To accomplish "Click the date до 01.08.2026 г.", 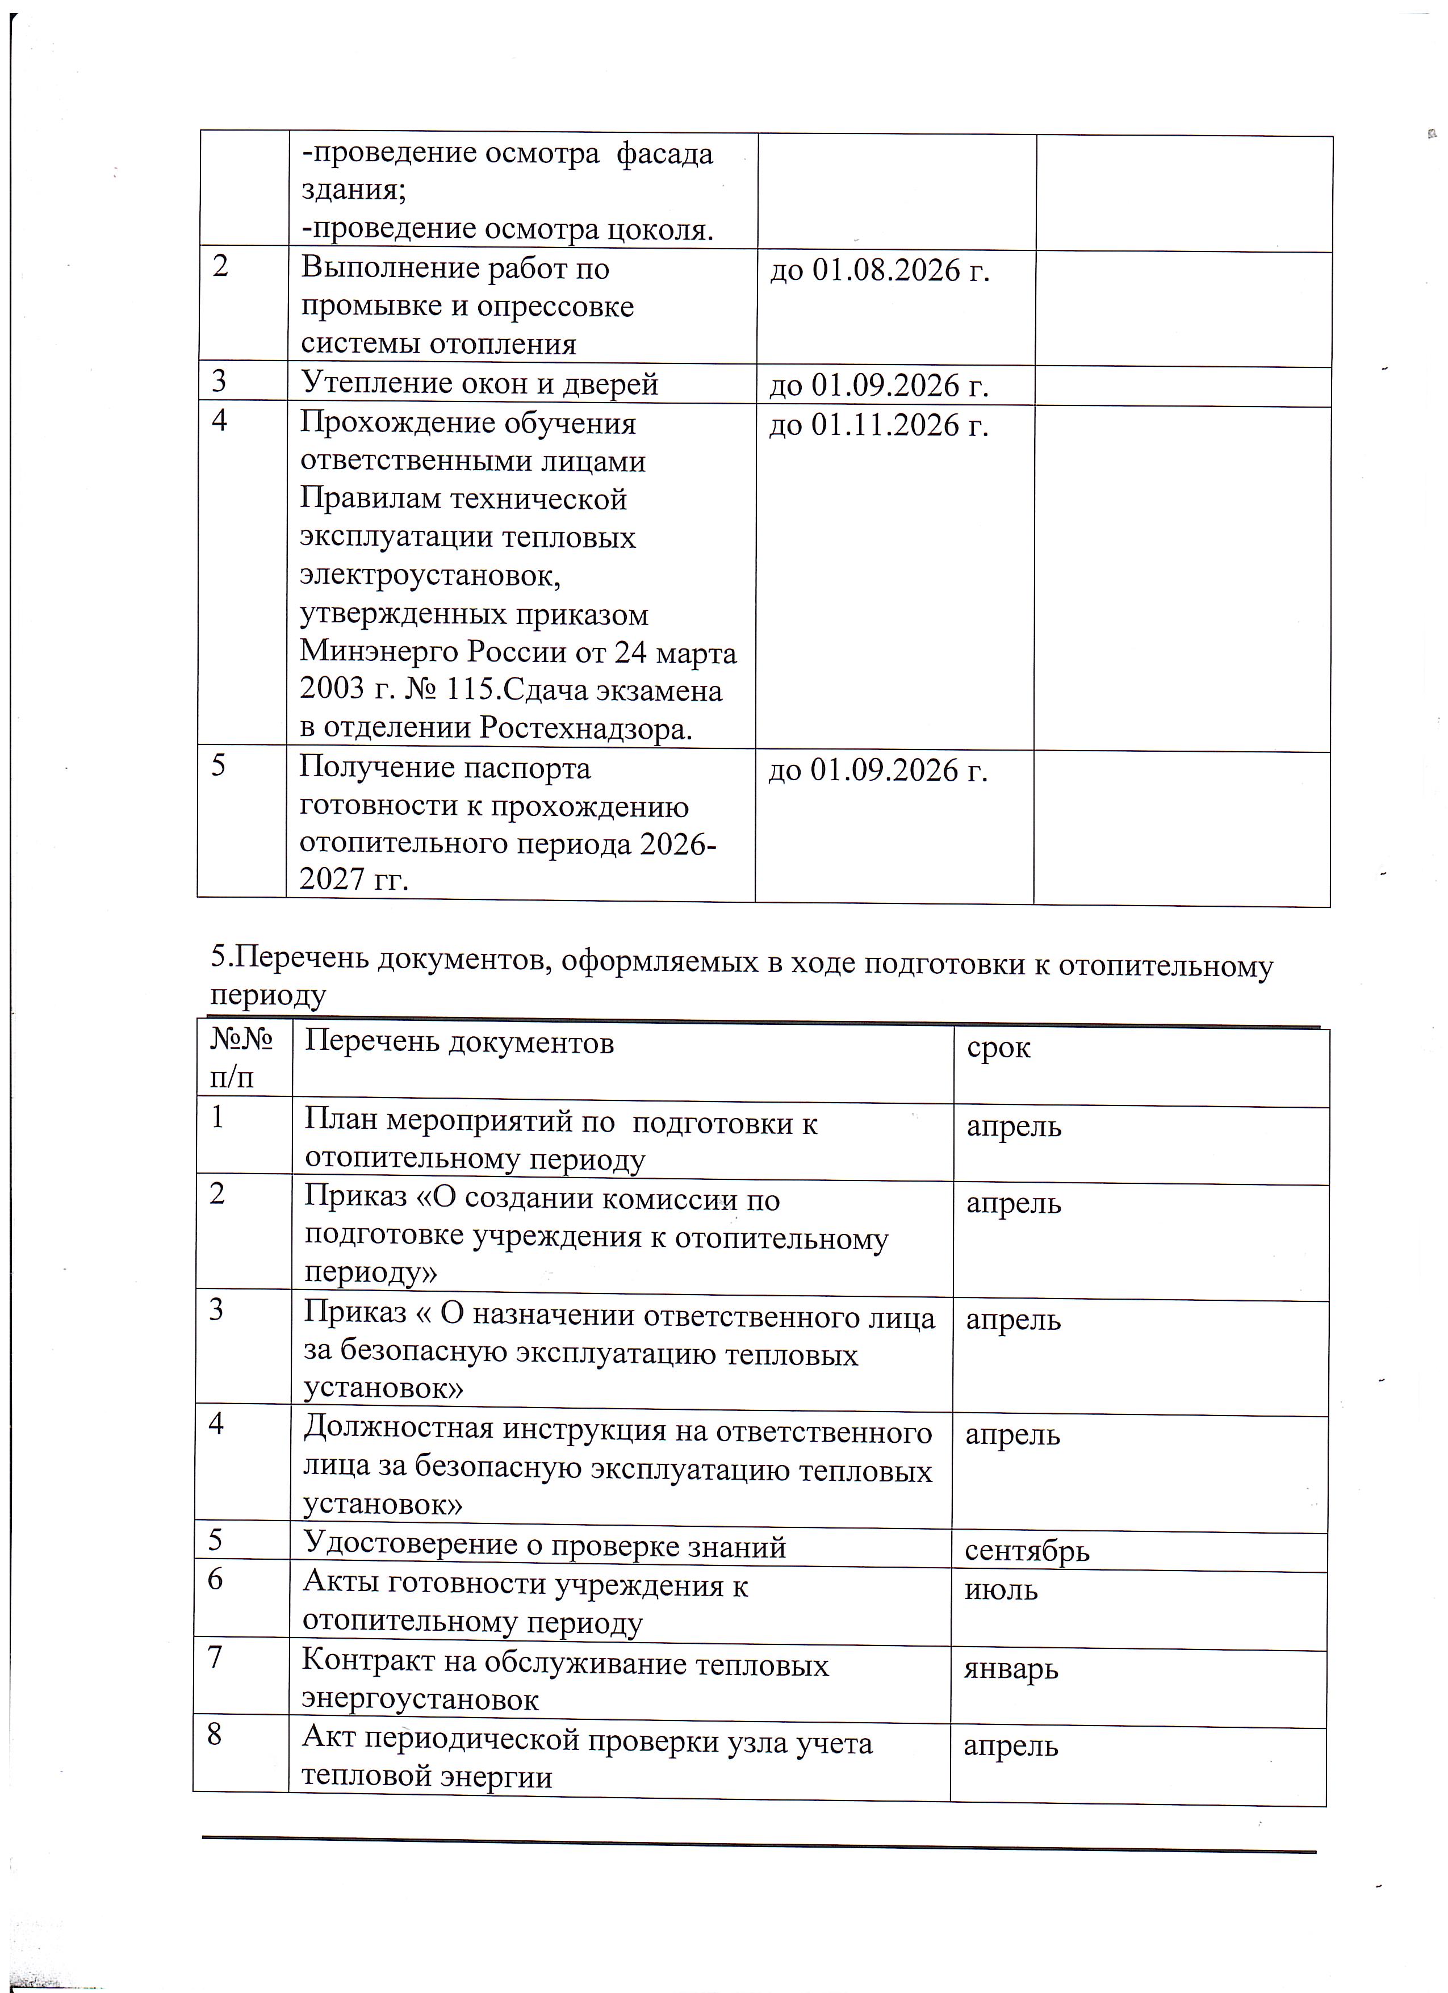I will [880, 271].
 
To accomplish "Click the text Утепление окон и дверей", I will [480, 384].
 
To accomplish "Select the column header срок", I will [998, 1048].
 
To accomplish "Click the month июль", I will [1001, 1590].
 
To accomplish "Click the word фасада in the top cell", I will [664, 154].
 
